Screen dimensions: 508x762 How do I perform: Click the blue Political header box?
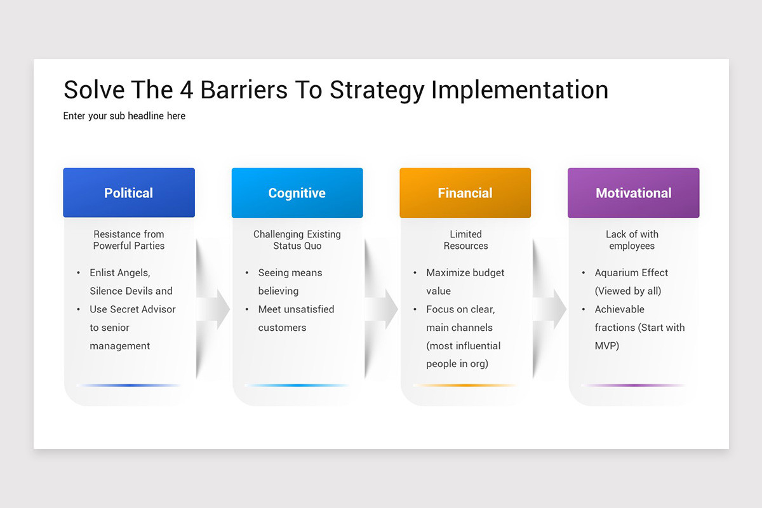[x=129, y=193]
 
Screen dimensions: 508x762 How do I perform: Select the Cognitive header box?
[x=297, y=193]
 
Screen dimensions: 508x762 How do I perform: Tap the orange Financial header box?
[x=465, y=193]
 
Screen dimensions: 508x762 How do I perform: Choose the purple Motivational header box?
[x=633, y=193]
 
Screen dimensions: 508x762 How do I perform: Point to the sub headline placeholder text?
[x=124, y=116]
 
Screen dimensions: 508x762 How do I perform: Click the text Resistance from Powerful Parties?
[x=129, y=240]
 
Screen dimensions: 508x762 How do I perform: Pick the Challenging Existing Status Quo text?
[x=297, y=240]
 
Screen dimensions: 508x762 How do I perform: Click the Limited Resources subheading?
[x=465, y=240]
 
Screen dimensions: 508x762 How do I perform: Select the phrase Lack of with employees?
[x=632, y=240]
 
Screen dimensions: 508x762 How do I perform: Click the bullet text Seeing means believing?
[x=290, y=281]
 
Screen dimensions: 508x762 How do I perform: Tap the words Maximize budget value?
[x=465, y=281]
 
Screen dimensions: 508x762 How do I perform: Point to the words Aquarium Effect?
[x=631, y=273]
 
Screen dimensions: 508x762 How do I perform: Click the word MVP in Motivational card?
[x=607, y=346]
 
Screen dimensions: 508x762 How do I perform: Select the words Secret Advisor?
[x=143, y=309]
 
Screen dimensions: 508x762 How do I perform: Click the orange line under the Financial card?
[x=465, y=385]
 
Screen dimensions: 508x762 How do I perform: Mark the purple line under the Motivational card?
[x=633, y=385]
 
